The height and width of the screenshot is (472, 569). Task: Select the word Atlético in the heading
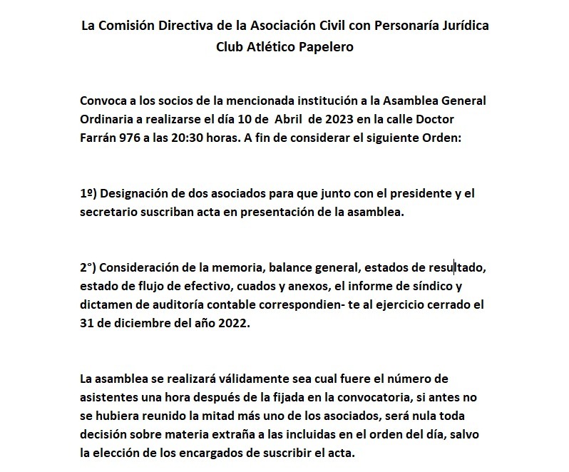click(265, 47)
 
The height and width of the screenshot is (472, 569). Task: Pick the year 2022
click(239, 321)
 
